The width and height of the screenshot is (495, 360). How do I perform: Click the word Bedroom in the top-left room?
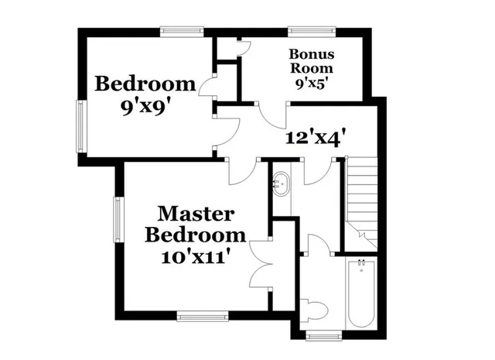[145, 84]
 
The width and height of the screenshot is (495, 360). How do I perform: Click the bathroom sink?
[280, 184]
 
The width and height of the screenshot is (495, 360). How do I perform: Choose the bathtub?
[360, 294]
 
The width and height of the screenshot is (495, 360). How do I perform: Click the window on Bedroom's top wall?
[183, 32]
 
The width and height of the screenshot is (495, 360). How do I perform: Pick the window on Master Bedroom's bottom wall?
[202, 315]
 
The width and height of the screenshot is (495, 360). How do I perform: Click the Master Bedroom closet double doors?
[262, 264]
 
